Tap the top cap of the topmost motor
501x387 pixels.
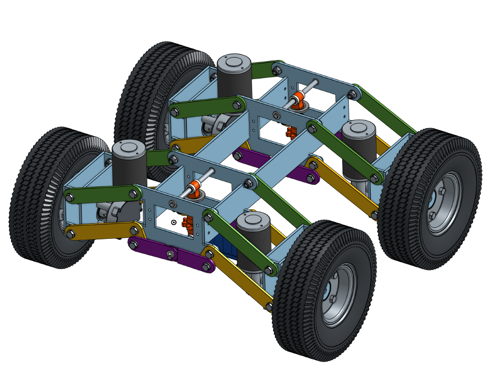[x=234, y=63]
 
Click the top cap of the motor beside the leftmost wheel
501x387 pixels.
[x=129, y=148]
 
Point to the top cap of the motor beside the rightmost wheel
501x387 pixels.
[x=359, y=129]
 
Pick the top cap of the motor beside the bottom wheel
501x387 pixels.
[x=254, y=220]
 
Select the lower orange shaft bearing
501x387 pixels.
[x=194, y=189]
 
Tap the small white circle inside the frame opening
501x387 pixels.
[x=174, y=222]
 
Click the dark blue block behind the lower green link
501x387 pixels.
[x=220, y=248]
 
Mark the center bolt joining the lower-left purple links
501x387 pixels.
[x=170, y=254]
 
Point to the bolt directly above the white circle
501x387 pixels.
[x=172, y=204]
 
